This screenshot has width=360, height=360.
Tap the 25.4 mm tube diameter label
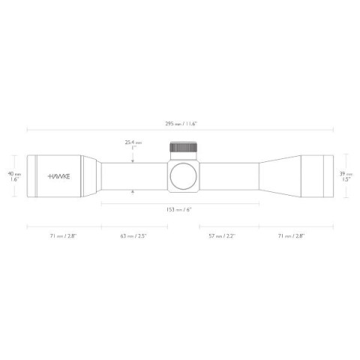(x=133, y=142)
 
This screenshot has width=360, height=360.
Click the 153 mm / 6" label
(x=179, y=210)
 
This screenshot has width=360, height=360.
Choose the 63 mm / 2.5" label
(x=133, y=236)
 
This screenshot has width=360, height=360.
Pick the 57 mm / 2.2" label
(x=222, y=236)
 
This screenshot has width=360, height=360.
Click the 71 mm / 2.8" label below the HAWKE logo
(x=64, y=236)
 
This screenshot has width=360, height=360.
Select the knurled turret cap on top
(x=183, y=147)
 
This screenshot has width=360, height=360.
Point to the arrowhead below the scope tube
(x=133, y=192)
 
